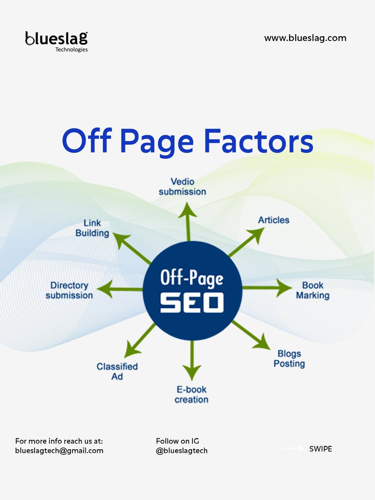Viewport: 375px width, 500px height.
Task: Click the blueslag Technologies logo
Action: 57,41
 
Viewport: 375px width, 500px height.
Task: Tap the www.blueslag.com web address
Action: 305,38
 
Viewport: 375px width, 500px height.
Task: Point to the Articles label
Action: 273,220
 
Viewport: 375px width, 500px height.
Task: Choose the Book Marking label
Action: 312,290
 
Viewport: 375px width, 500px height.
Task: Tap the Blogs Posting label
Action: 289,358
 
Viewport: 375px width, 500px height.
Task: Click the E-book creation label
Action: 191,394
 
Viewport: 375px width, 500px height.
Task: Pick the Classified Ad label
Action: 117,371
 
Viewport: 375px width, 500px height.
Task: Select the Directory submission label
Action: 69,290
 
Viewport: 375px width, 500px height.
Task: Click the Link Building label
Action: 92,228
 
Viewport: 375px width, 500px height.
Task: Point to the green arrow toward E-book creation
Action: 192,360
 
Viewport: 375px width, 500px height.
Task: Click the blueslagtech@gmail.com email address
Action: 59,450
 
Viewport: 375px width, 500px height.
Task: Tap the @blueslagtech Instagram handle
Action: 182,450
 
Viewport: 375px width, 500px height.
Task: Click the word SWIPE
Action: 320,449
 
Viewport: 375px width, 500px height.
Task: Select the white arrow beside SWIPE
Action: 294,449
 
